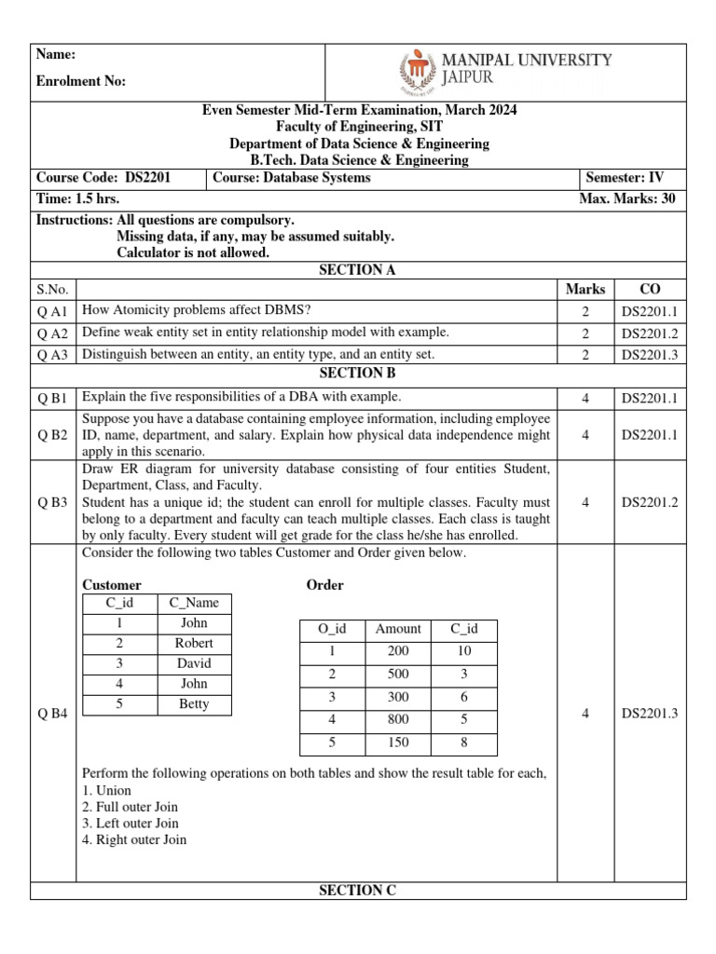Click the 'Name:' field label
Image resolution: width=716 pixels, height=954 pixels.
point(55,54)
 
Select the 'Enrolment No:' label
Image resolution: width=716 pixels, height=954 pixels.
point(80,82)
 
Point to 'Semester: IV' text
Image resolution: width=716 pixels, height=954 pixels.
point(624,177)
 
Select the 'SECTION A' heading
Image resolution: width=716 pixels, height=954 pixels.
point(357,270)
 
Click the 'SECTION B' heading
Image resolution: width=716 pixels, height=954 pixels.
point(357,374)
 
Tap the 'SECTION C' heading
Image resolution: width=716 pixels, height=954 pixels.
point(357,891)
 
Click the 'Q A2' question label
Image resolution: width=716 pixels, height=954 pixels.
point(53,333)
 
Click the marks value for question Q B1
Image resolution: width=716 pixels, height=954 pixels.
point(585,399)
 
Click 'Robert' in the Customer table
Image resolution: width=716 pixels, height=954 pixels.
point(194,644)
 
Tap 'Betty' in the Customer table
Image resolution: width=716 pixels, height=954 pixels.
point(194,704)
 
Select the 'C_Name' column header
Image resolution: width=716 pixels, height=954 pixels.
point(194,603)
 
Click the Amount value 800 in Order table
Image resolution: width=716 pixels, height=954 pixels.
point(398,718)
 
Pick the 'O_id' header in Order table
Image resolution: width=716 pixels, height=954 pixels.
point(332,629)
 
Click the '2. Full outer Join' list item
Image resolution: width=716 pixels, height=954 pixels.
point(130,807)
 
